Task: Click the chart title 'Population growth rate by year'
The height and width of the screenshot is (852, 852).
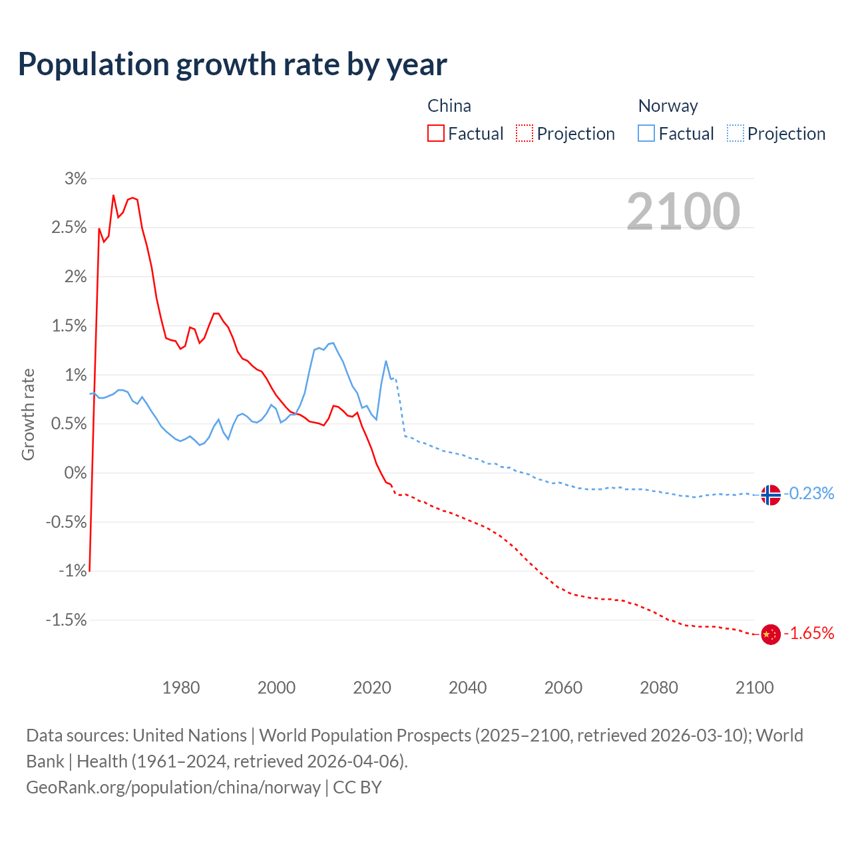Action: (x=232, y=65)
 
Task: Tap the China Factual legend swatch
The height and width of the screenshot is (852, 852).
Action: (x=436, y=133)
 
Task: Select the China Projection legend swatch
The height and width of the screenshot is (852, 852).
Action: (x=525, y=133)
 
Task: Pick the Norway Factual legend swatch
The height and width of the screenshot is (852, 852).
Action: (x=646, y=133)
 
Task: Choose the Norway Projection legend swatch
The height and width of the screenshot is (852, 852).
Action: (x=735, y=133)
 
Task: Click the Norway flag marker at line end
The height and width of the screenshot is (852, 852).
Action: (x=770, y=495)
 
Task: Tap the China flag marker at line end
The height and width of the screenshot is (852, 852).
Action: (x=770, y=634)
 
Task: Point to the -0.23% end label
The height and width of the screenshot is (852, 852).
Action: (x=809, y=493)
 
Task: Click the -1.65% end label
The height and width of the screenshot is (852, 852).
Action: (x=809, y=633)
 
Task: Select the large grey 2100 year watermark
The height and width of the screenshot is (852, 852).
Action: (x=683, y=212)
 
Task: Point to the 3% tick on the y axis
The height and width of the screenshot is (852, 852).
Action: (x=76, y=178)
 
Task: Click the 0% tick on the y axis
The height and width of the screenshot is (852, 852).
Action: (x=75, y=473)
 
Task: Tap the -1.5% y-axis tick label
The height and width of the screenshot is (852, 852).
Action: (x=67, y=620)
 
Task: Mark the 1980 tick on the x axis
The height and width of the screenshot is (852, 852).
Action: (x=181, y=688)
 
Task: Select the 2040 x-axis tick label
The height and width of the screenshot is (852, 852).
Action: (x=468, y=688)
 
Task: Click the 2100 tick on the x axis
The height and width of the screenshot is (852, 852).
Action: (x=754, y=688)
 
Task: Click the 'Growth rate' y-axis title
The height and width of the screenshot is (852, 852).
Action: (x=28, y=414)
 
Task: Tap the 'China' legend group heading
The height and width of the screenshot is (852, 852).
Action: (x=449, y=106)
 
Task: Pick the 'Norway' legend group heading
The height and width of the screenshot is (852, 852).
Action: (x=668, y=106)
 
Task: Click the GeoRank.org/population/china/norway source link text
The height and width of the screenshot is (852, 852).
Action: (x=173, y=787)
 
